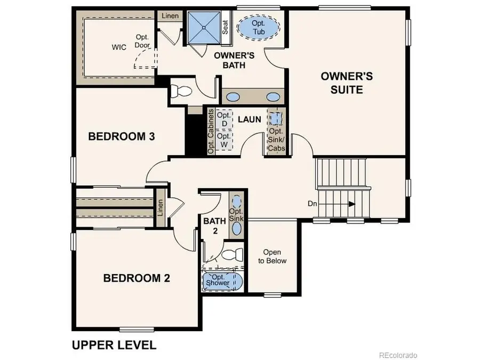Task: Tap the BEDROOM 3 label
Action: click(x=122, y=137)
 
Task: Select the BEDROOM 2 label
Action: click(x=137, y=278)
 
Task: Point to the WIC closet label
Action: click(x=119, y=47)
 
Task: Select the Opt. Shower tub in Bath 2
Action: click(x=221, y=281)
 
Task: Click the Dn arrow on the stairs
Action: click(x=351, y=204)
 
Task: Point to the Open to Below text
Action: click(x=272, y=257)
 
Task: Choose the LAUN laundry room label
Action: click(x=249, y=119)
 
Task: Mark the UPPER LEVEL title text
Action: click(x=114, y=345)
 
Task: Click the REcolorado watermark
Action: click(x=398, y=355)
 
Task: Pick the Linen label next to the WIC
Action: click(x=167, y=16)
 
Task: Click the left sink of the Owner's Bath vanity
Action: click(x=233, y=97)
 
